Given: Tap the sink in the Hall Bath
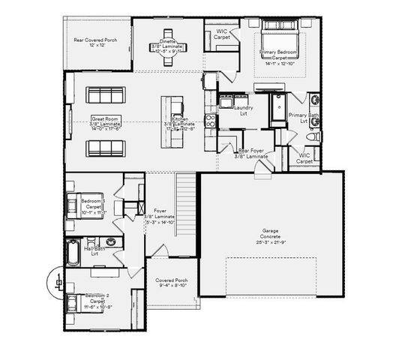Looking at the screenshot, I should [x=110, y=241].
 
